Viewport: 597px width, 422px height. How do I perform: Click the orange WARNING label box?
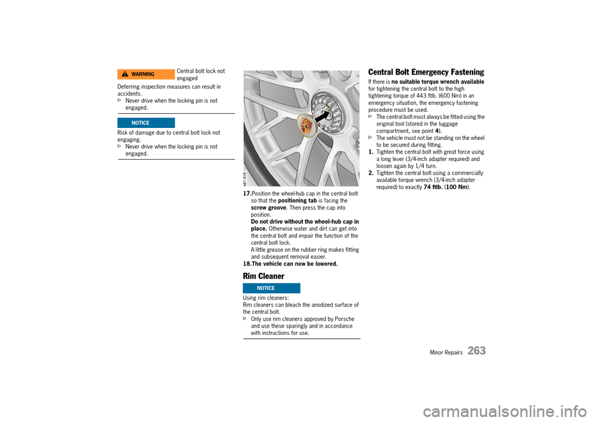146,74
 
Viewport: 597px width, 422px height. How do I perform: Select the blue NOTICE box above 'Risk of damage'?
146,123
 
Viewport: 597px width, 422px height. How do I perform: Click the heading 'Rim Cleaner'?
264,276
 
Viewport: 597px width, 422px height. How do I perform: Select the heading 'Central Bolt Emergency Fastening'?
426,73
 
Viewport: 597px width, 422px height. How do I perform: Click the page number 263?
476,351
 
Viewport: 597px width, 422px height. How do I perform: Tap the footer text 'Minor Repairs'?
446,352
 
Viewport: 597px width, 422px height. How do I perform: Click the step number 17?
247,194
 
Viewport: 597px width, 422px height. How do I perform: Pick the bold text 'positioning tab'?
298,201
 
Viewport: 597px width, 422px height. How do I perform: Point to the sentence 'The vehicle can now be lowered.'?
294,264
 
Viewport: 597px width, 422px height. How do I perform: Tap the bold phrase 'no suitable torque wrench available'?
438,82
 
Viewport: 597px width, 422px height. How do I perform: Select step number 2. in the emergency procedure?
371,173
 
